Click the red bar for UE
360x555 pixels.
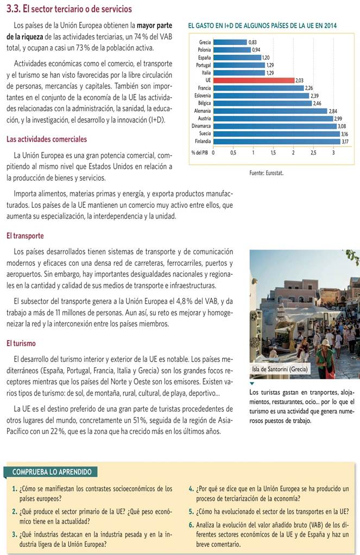point(254,80)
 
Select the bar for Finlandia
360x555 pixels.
point(276,141)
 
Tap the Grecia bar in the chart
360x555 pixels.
point(230,42)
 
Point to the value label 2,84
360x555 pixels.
point(332,111)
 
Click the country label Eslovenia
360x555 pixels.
point(203,95)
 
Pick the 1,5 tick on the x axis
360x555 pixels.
point(273,153)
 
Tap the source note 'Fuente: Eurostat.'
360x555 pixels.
point(266,173)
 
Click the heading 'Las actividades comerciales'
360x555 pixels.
point(46,139)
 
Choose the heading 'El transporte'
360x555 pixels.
point(25,236)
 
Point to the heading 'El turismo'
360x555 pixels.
point(21,343)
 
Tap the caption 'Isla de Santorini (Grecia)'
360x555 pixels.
point(280,369)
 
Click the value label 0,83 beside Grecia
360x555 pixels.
point(252,42)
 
